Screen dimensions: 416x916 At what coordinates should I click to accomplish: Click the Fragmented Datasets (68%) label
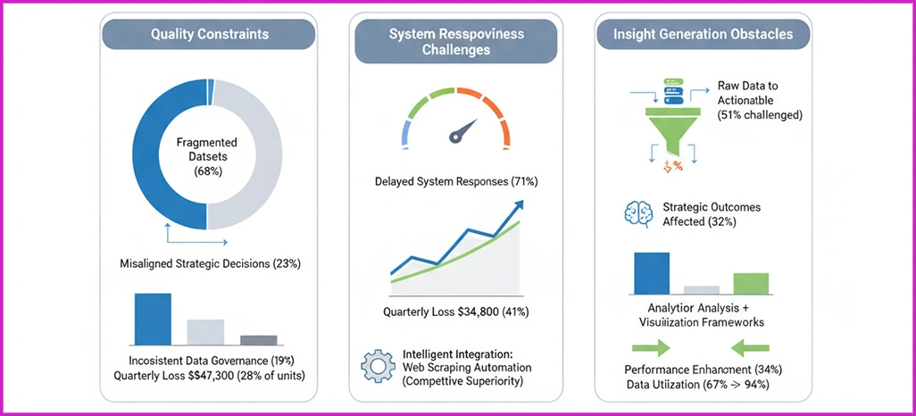206,157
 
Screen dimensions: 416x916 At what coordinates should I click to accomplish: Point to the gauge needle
460,132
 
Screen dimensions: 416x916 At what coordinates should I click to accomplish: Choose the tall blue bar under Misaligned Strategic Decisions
153,318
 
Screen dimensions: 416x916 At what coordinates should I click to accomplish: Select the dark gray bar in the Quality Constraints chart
258,339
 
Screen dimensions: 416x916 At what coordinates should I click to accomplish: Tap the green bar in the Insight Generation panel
750,283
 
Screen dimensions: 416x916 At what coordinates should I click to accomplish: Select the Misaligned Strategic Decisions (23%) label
210,263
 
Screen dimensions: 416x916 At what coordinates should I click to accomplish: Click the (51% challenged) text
758,114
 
